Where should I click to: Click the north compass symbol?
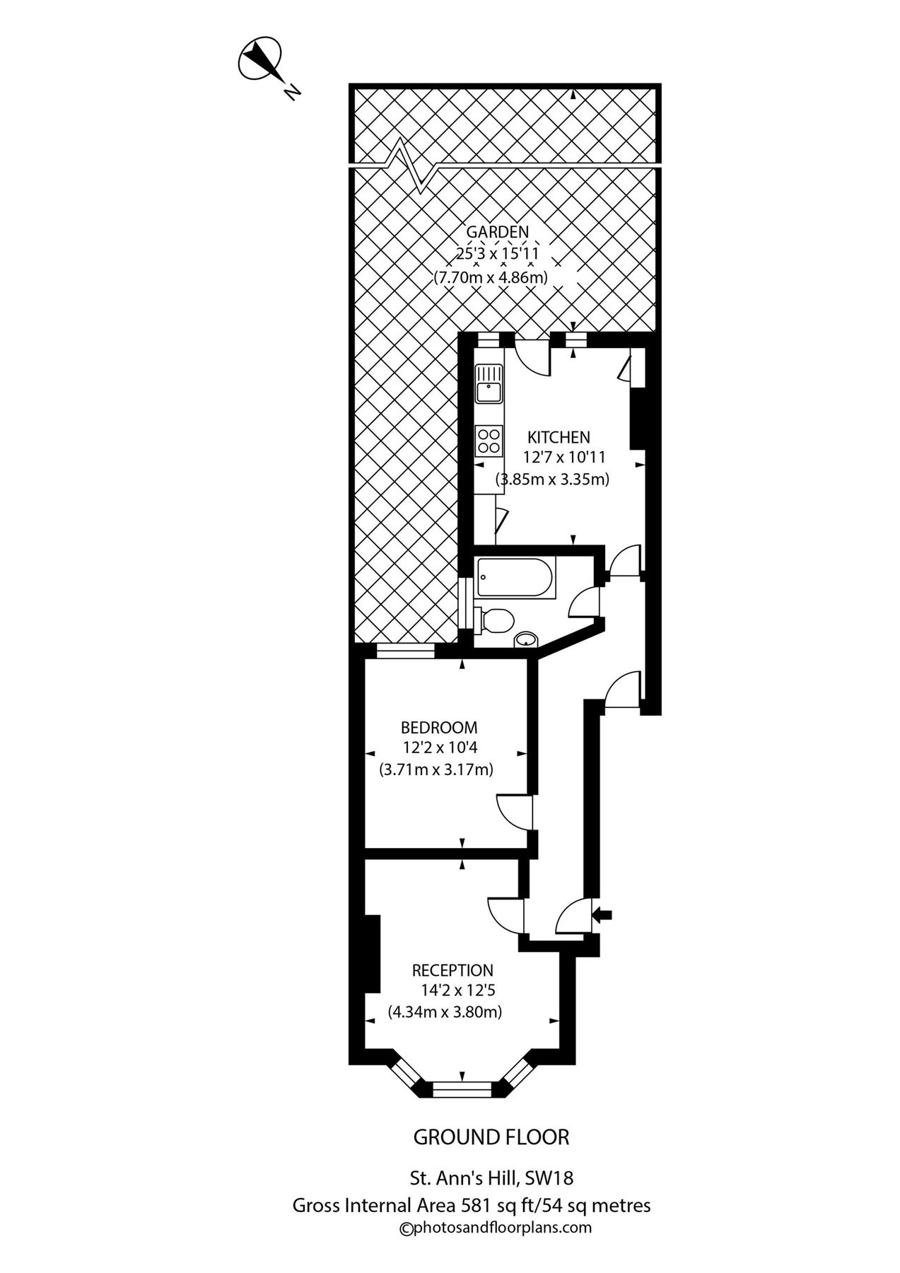(x=260, y=59)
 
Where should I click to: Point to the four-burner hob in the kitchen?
(x=489, y=440)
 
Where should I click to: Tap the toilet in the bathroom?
(x=494, y=620)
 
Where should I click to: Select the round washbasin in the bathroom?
(x=525, y=639)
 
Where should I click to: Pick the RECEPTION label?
(x=453, y=970)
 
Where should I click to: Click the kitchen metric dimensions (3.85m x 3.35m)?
(x=552, y=479)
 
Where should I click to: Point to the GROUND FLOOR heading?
(x=491, y=1137)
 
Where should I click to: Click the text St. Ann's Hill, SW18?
(x=491, y=1178)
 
